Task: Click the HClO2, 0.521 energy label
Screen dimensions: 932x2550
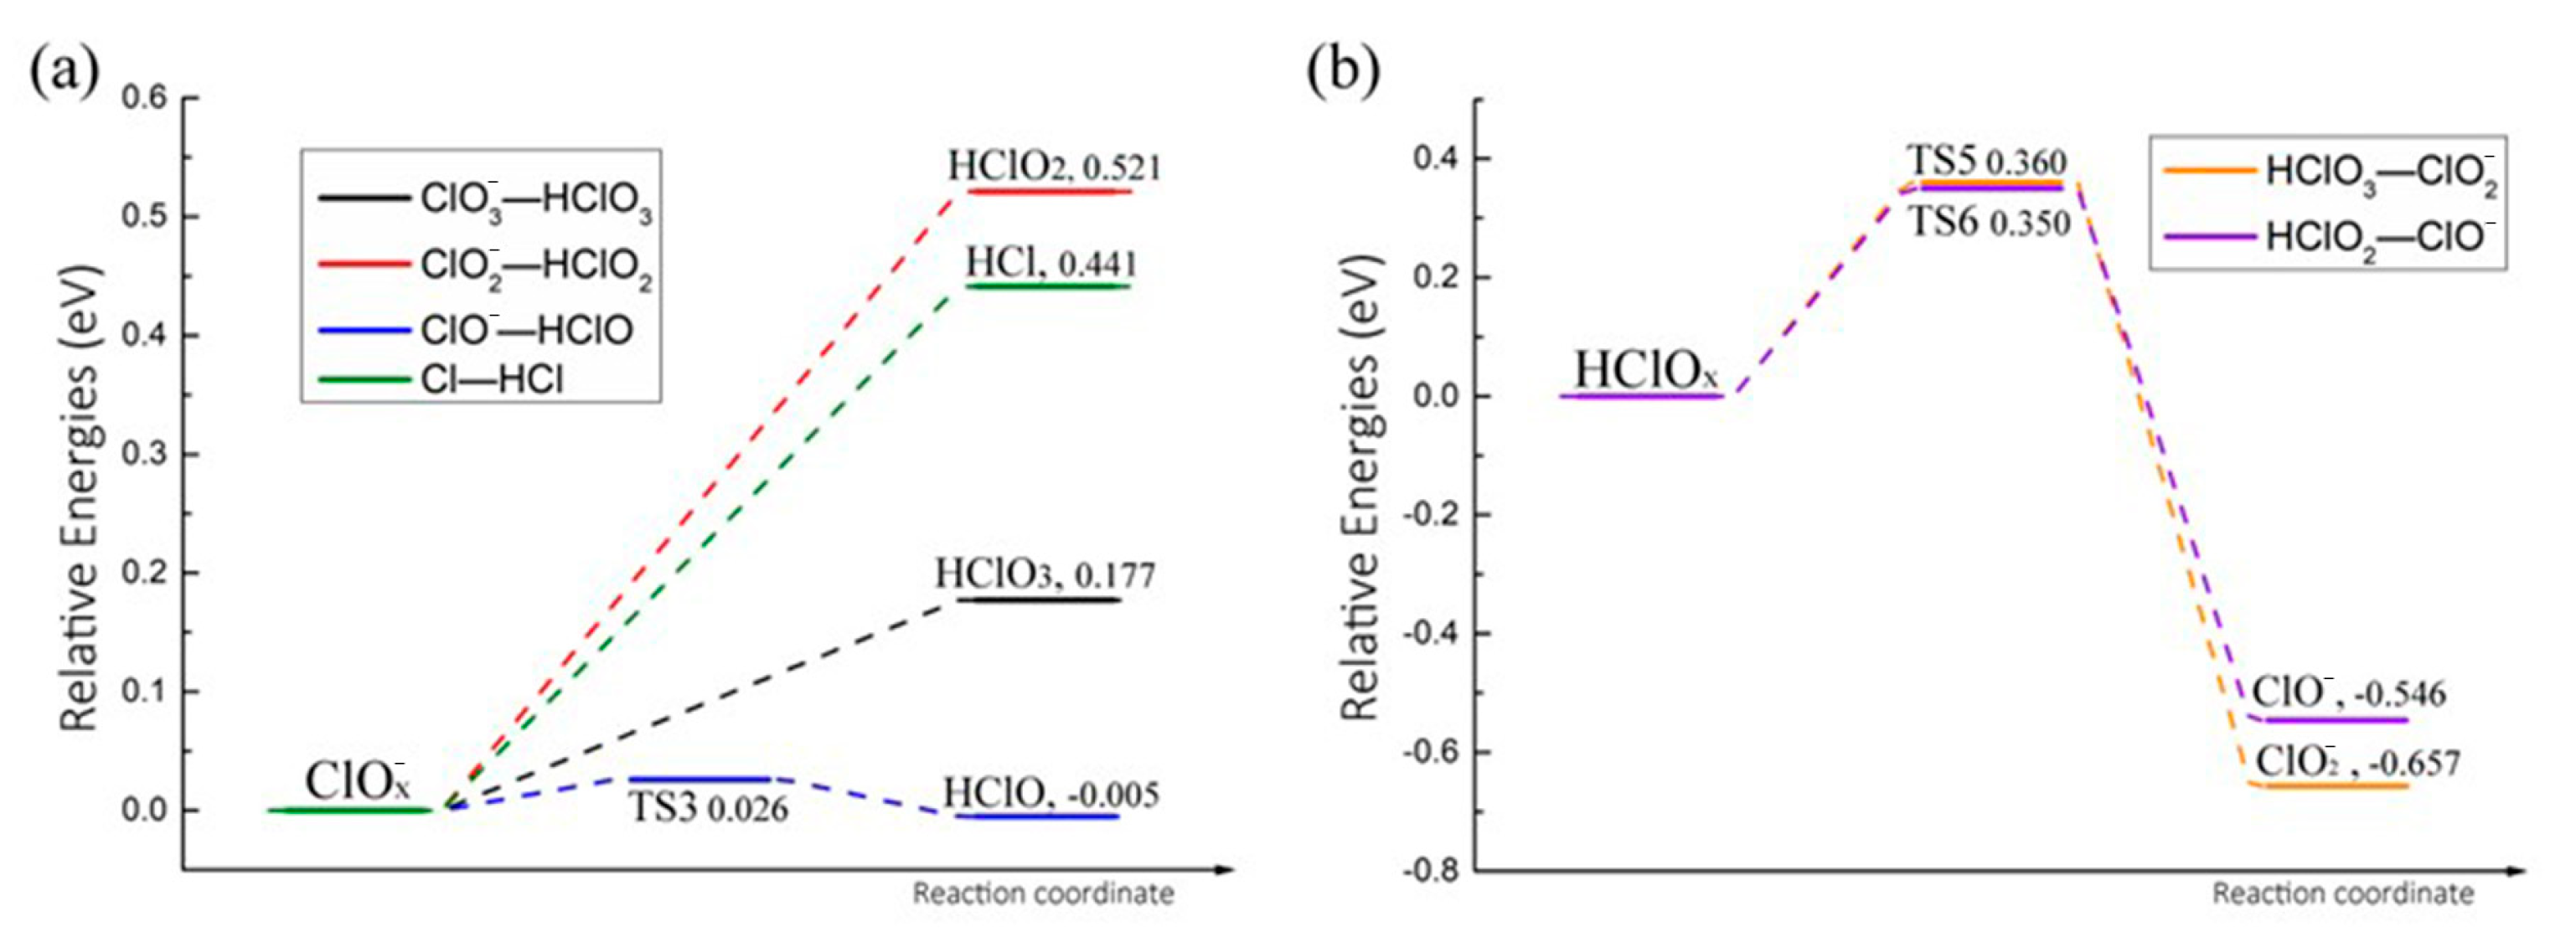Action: [1053, 167]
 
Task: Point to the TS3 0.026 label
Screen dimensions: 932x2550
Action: [710, 808]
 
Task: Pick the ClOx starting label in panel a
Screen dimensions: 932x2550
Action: [356, 781]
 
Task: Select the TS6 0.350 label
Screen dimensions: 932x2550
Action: [1989, 223]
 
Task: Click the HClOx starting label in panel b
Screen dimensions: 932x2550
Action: [1646, 371]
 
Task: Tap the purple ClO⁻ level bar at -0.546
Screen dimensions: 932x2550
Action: [2328, 719]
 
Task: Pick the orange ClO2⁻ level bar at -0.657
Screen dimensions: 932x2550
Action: [2328, 785]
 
